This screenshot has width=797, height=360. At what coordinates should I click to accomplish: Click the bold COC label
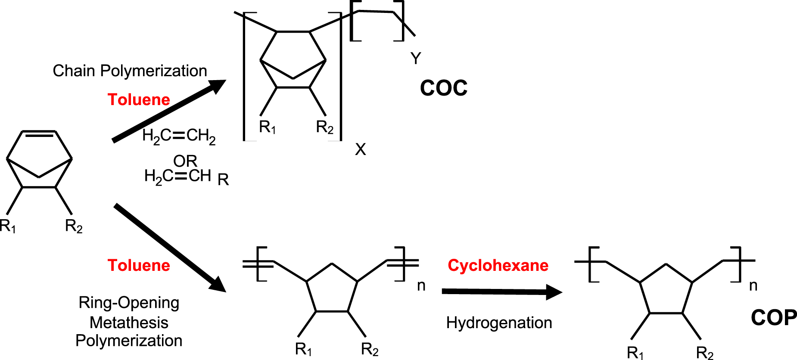(444, 88)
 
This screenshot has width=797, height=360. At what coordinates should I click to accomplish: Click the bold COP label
(774, 318)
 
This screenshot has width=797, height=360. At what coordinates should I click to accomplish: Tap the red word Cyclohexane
(498, 265)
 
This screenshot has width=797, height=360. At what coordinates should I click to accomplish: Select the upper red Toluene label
(139, 99)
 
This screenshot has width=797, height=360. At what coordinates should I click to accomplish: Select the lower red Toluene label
(139, 265)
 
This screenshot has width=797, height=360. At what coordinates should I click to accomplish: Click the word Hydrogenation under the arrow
(499, 323)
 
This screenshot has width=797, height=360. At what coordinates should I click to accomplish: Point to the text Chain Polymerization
(130, 71)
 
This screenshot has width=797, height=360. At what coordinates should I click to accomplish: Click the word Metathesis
(129, 322)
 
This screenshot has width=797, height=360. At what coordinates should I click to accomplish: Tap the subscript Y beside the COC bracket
(416, 58)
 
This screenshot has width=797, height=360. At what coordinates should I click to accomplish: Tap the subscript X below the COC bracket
(361, 149)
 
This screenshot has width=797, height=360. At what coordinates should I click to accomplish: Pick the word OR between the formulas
(185, 161)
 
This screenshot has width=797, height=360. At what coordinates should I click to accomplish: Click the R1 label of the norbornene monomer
(8, 226)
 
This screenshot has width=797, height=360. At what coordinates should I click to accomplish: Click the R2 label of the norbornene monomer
(74, 226)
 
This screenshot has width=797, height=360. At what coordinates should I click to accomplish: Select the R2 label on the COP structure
(705, 353)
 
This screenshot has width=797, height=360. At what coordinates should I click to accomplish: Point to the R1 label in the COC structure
(268, 127)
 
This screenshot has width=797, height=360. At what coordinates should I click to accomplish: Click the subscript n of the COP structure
(753, 286)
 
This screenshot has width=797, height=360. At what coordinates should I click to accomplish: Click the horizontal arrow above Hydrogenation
(502, 292)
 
